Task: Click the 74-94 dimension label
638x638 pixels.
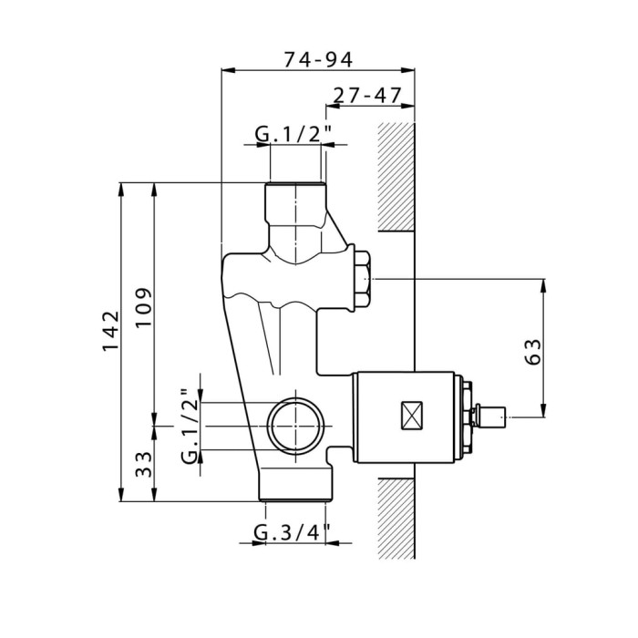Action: [x=318, y=59]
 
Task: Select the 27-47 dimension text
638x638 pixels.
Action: [x=367, y=96]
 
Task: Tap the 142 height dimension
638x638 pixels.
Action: [x=110, y=331]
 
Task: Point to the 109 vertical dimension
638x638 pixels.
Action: [x=144, y=307]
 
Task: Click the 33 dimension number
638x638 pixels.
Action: [x=144, y=464]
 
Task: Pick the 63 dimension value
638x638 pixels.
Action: [x=533, y=352]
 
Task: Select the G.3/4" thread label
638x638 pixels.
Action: [x=292, y=532]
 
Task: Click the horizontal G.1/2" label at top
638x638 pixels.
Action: [x=293, y=133]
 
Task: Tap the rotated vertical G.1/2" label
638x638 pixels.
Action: [x=190, y=426]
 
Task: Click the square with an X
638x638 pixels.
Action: [x=412, y=416]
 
